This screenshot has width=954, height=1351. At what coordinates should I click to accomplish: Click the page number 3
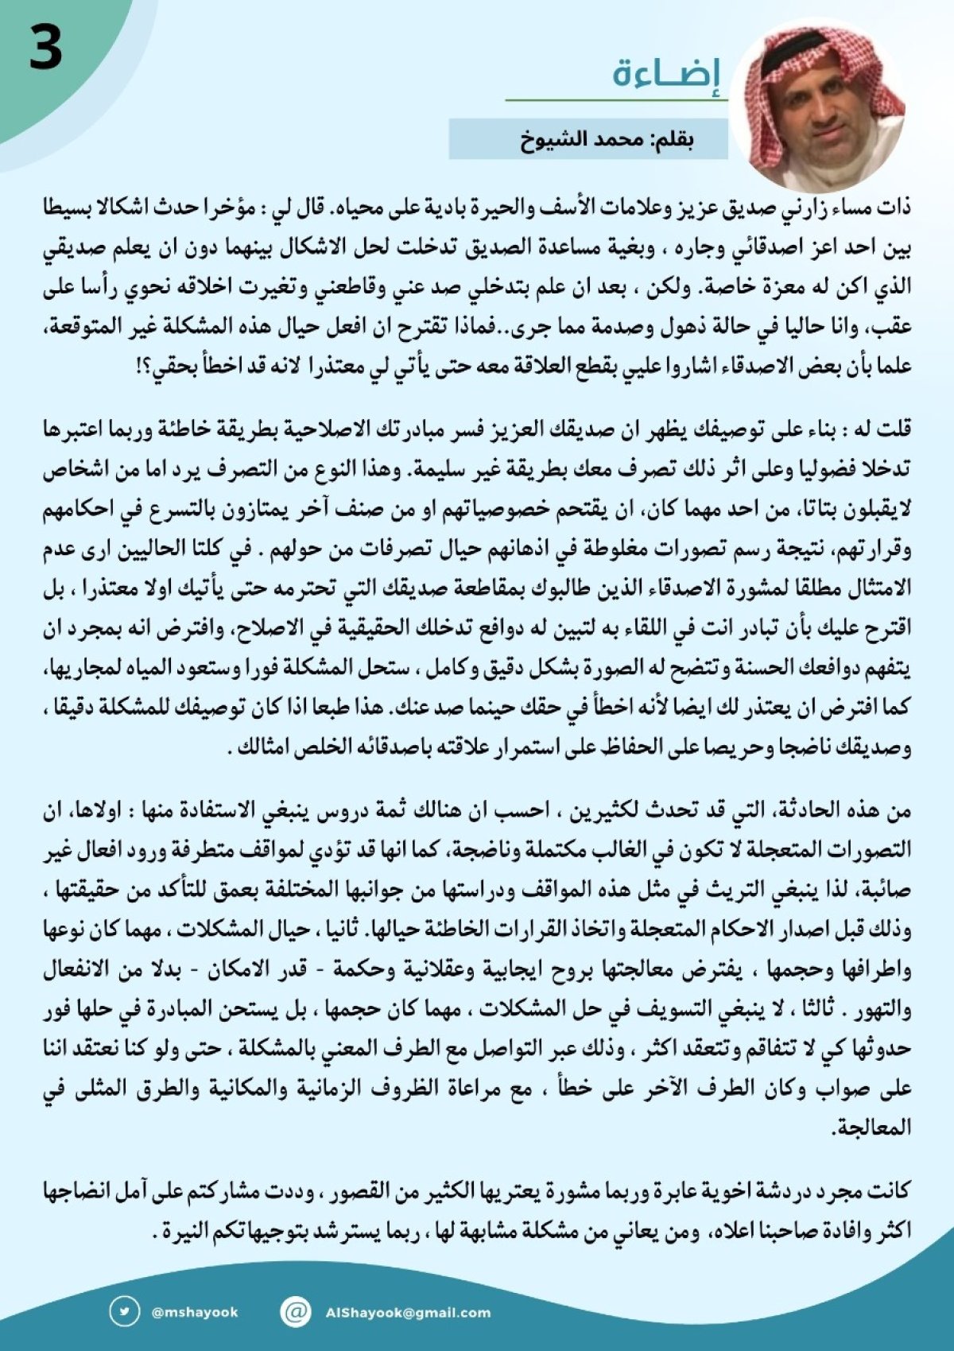(x=45, y=48)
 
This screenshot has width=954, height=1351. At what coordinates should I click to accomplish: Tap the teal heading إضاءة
(x=666, y=75)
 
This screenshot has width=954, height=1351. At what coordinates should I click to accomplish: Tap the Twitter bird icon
(x=124, y=1311)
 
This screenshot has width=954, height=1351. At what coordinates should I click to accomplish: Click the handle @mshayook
(x=194, y=1312)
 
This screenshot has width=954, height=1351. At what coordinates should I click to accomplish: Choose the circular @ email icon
(x=295, y=1311)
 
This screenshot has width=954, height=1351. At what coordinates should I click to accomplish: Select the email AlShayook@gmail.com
(x=407, y=1312)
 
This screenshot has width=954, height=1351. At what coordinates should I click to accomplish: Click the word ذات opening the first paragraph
(x=896, y=208)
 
